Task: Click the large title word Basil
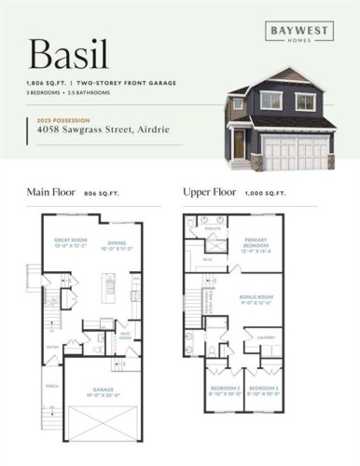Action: click(66, 53)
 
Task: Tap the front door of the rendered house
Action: click(240, 144)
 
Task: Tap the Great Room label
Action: click(70, 240)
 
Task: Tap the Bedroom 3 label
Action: click(264, 388)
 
